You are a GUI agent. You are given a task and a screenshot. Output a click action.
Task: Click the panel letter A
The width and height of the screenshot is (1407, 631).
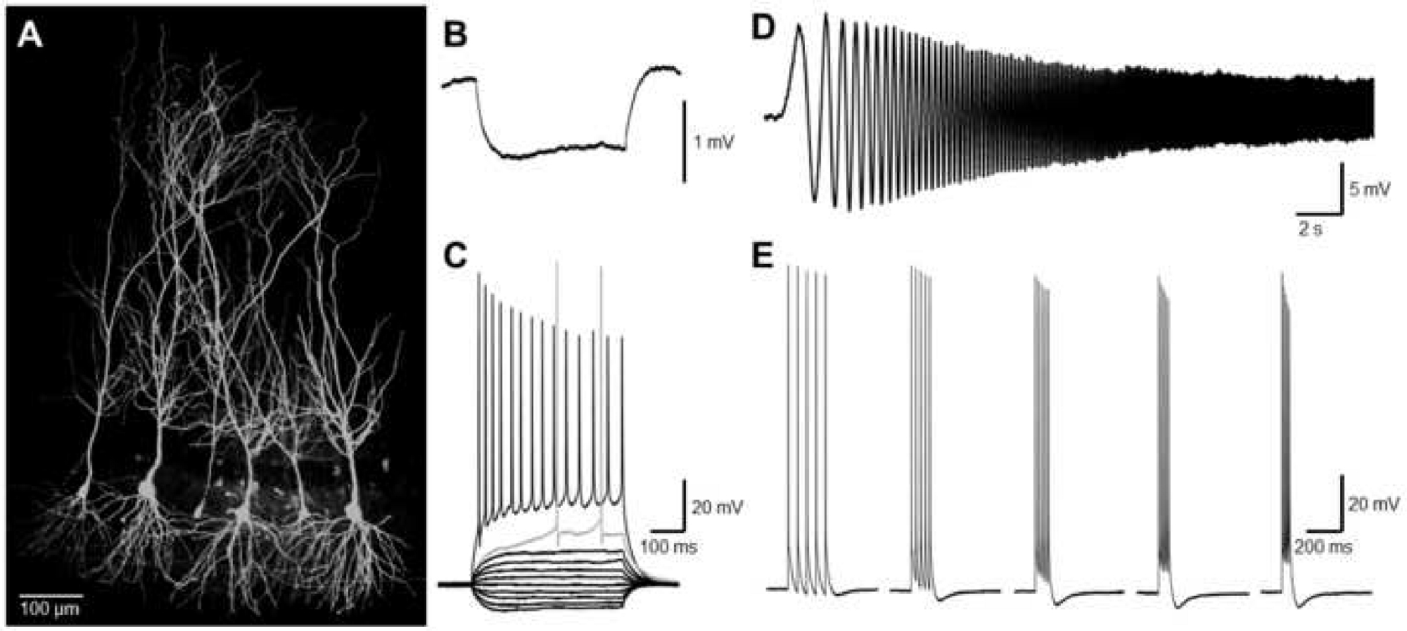tap(30, 35)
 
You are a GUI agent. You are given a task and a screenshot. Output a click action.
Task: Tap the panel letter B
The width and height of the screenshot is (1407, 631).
tap(455, 33)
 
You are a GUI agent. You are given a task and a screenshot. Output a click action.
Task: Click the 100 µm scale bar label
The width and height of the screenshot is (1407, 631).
tap(49, 608)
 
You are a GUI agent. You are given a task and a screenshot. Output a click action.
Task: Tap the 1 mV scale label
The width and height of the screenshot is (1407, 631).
tap(713, 143)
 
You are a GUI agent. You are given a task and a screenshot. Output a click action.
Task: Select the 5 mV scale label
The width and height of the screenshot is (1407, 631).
tap(1369, 189)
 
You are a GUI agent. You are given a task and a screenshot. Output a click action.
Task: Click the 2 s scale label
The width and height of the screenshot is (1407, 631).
tap(1310, 229)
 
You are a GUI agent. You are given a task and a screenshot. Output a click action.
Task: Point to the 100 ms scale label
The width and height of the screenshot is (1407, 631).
tap(668, 547)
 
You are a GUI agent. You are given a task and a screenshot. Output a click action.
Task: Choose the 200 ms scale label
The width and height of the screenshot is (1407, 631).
tap(1323, 547)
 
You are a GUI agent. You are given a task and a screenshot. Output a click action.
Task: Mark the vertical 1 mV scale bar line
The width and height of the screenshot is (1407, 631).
tap(685, 141)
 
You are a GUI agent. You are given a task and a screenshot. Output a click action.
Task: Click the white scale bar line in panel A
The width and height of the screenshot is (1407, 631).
tap(51, 595)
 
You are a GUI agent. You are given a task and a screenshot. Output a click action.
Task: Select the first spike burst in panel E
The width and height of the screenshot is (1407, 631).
tap(807, 422)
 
